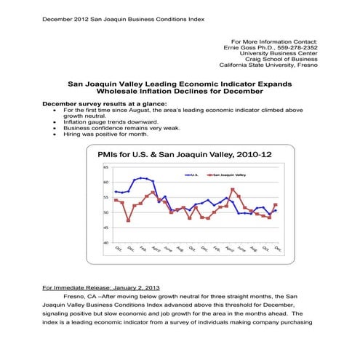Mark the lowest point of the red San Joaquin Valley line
pos(129,220)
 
